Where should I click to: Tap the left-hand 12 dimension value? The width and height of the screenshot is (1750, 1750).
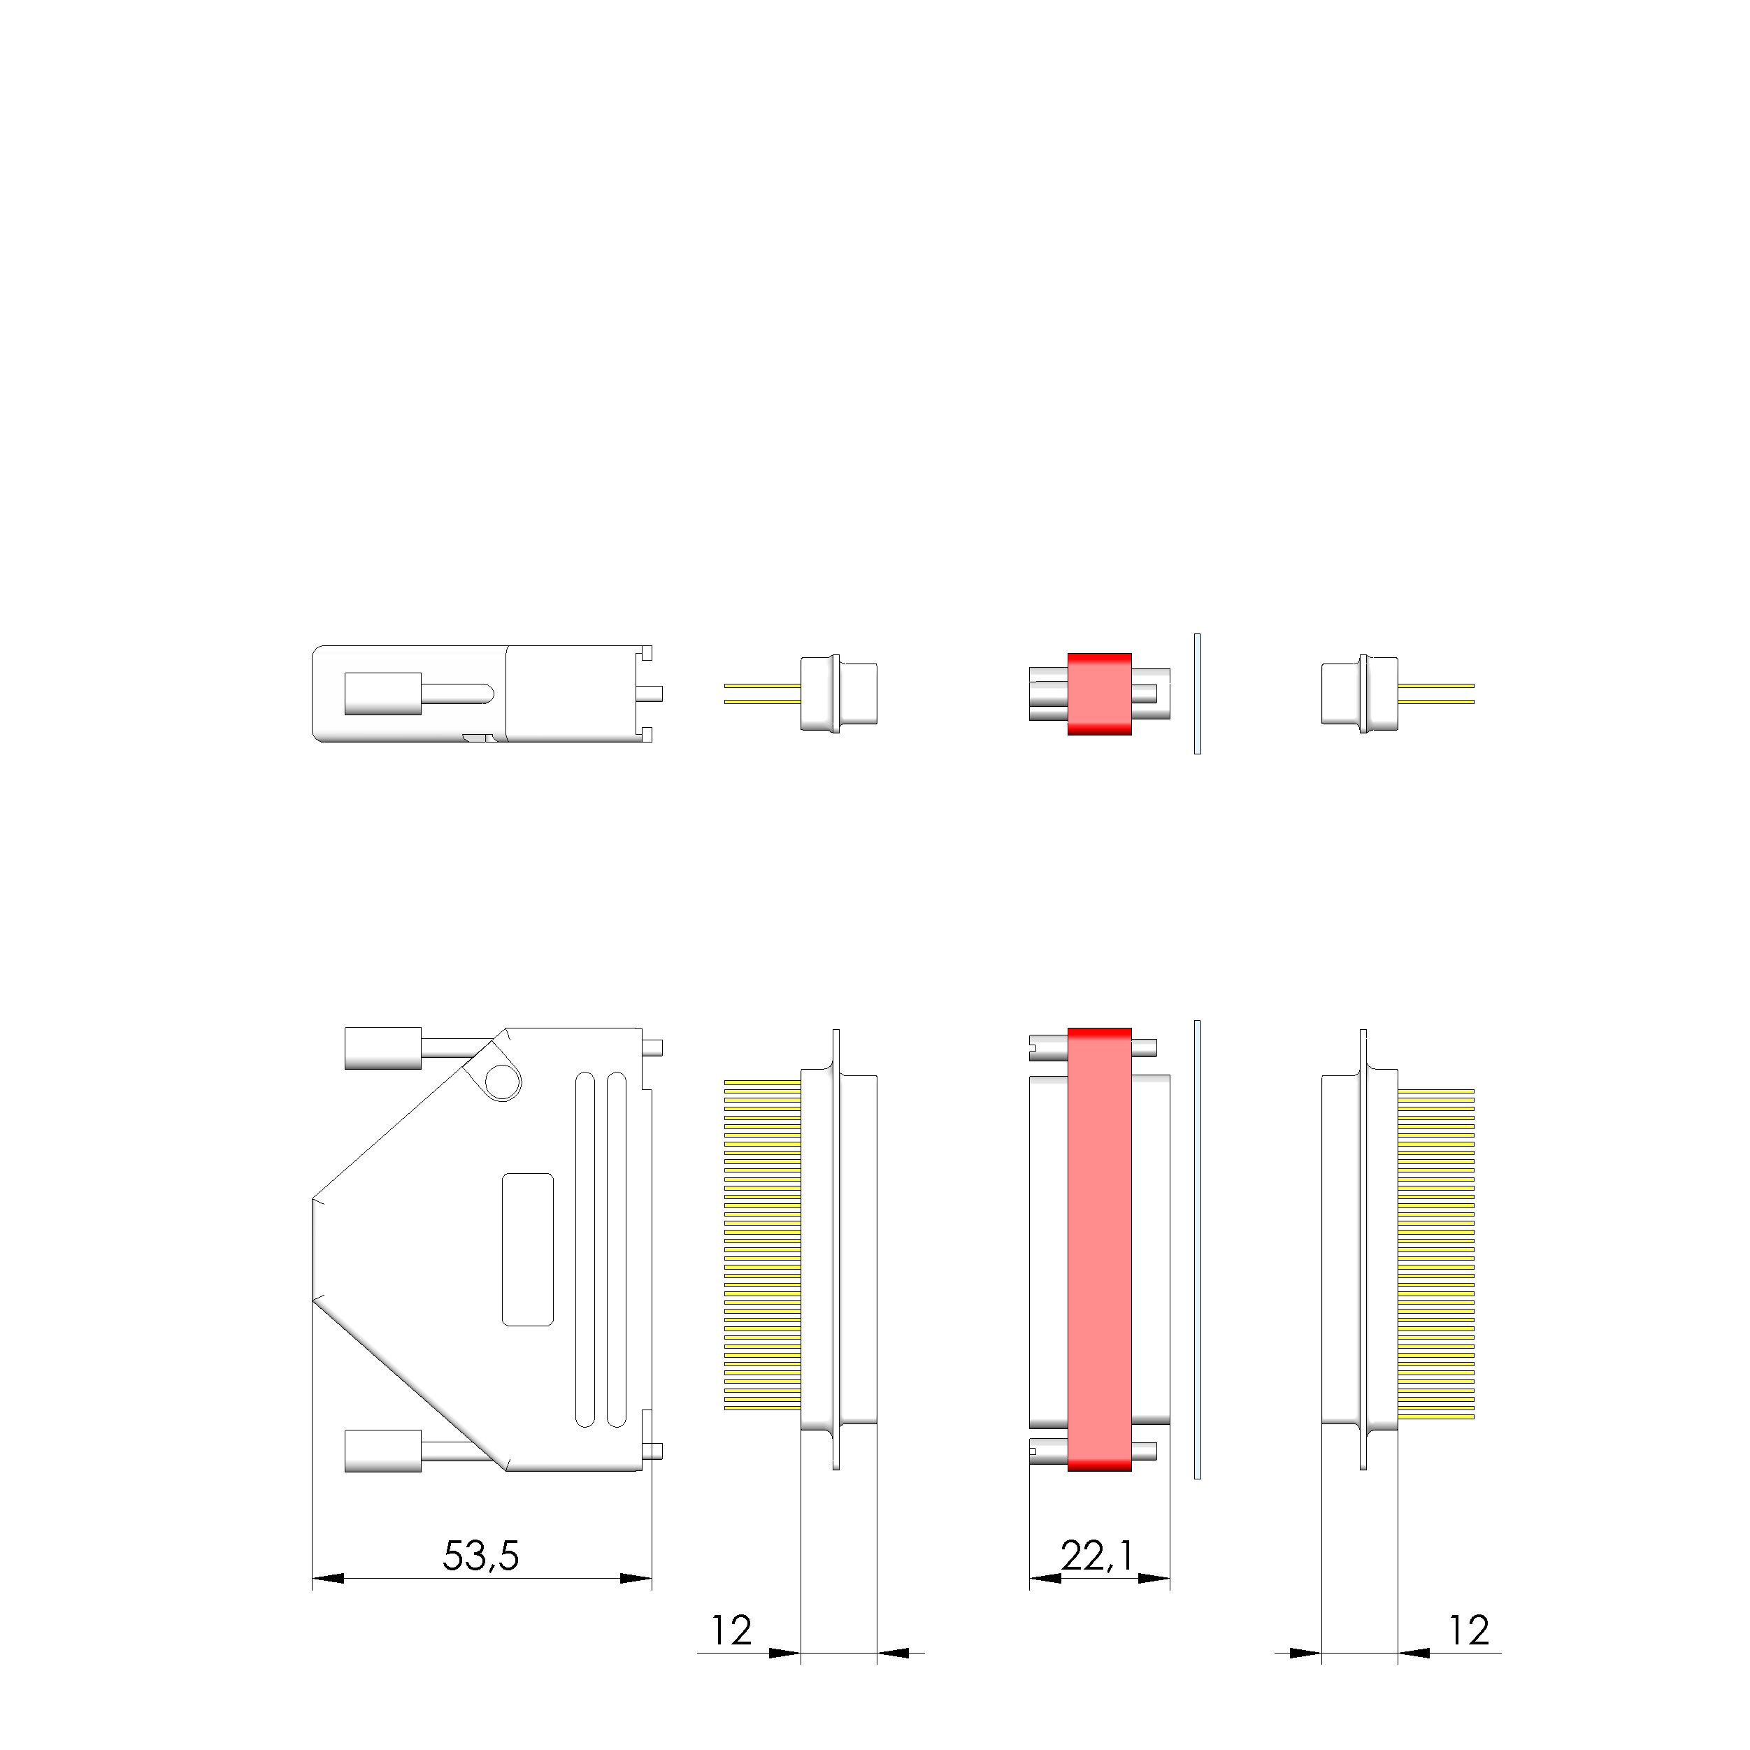[x=731, y=1630]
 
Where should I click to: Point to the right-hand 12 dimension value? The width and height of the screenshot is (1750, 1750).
[x=1468, y=1630]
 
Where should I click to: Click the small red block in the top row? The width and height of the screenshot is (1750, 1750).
[x=1100, y=694]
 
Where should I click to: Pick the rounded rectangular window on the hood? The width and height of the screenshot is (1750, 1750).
[x=527, y=1250]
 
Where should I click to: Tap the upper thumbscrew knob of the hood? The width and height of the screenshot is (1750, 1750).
[x=383, y=1048]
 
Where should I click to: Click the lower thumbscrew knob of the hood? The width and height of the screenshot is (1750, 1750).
[x=383, y=1451]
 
